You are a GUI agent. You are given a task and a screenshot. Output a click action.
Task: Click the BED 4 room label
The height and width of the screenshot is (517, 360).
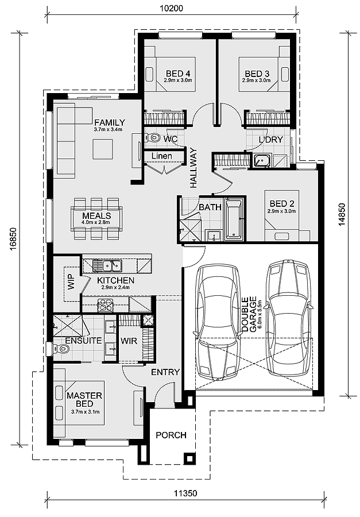tap(178, 74)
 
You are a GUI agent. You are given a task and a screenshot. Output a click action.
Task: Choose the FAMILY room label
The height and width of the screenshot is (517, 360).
tap(110, 122)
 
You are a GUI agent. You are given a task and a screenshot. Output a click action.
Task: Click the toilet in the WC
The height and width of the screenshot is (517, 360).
tap(153, 138)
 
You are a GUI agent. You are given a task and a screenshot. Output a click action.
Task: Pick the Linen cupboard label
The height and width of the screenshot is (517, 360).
tap(162, 156)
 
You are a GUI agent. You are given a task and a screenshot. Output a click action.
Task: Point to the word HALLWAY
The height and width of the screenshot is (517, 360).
tap(193, 168)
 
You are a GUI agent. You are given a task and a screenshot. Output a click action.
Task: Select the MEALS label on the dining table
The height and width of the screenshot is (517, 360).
tap(96, 215)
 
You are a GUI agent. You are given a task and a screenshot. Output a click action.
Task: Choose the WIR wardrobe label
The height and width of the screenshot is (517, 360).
tap(128, 341)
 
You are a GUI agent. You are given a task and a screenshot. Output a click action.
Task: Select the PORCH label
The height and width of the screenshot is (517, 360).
tap(171, 435)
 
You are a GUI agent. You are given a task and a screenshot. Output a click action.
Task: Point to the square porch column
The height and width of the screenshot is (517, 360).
tap(188, 458)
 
